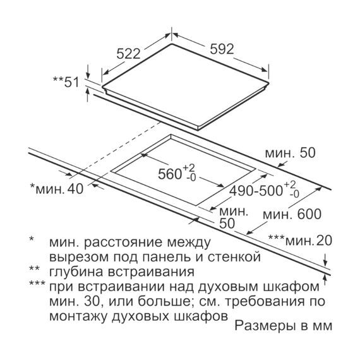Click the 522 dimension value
pos(128,54)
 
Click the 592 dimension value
pos(222,49)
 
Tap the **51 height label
pos(66,82)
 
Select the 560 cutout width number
pos(170,174)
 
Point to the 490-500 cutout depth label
pos(256,191)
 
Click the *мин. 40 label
pos(57,189)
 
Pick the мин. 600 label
pos(292,215)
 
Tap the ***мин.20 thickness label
pos(300,241)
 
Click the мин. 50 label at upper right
pos(290,153)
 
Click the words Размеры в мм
pos(284,325)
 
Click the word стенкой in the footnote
pos(234,257)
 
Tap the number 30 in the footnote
pos(92,301)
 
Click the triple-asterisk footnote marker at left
pos(37,284)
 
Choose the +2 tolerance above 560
pos(188,167)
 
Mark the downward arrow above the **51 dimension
pos(88,71)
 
